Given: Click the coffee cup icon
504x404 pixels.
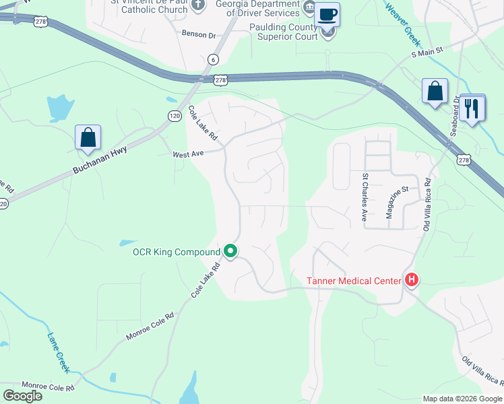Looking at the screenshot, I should click(327, 15).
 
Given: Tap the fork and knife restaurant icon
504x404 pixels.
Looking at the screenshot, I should click(472, 108).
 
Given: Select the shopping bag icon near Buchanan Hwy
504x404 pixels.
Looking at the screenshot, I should click(88, 138).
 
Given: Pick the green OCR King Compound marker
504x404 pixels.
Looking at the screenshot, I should click(230, 252).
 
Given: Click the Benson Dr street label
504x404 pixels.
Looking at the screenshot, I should click(198, 33).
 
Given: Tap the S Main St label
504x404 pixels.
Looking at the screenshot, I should click(427, 50).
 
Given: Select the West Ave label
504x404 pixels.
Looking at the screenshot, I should click(188, 154).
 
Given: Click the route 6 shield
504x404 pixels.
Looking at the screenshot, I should click(213, 59).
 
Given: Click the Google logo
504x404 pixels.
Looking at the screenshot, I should click(22, 395).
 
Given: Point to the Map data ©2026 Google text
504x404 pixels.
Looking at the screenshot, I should click(462, 399).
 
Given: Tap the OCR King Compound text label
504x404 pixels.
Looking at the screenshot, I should click(177, 252).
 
